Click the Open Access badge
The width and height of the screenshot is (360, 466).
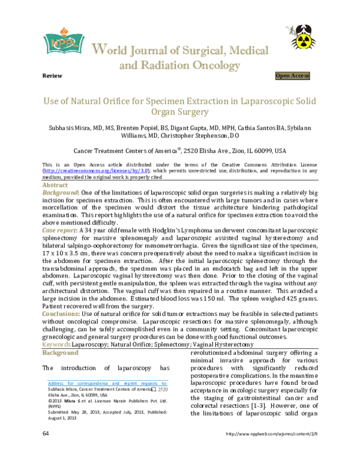click(292, 76)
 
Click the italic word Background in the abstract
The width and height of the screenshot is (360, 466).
click(59, 193)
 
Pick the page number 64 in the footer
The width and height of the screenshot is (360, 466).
click(46, 450)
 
